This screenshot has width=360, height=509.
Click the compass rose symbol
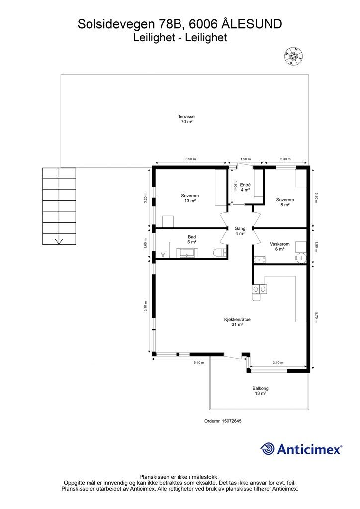(x=294, y=56)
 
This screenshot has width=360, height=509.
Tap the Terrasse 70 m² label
(x=186, y=119)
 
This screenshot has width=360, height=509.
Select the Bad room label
(x=192, y=239)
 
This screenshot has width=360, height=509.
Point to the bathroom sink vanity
(x=187, y=253)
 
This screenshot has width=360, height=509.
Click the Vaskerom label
(x=280, y=247)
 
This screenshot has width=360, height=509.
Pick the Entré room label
(x=245, y=187)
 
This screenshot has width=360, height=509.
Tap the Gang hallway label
(x=240, y=231)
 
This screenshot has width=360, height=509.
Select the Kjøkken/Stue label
(x=237, y=322)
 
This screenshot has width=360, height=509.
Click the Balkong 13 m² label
(x=261, y=391)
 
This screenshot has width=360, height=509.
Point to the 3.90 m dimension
(x=191, y=159)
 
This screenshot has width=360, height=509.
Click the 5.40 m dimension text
(x=199, y=362)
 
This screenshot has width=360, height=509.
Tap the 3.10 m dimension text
(x=278, y=362)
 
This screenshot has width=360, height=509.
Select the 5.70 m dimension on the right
(x=316, y=317)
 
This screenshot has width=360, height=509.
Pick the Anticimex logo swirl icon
(x=268, y=449)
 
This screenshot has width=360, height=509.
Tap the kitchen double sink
(x=260, y=289)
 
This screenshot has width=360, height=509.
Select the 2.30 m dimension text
(x=285, y=159)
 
